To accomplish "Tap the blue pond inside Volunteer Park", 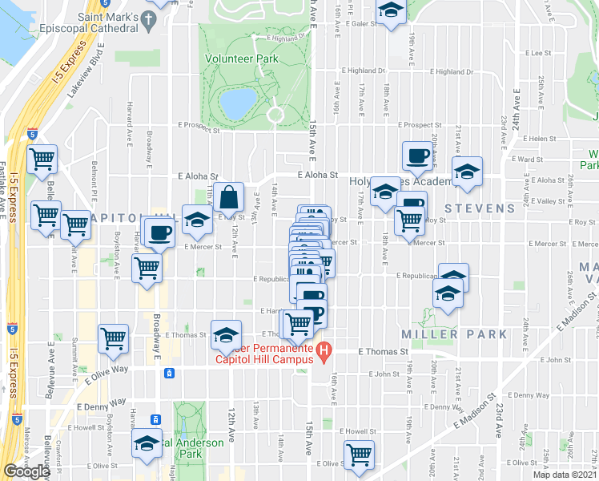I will click(238, 103).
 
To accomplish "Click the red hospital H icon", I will click(324, 351).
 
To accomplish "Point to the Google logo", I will click(27, 471).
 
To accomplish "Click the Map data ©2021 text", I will click(565, 475).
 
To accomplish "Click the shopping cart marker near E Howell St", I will click(360, 454).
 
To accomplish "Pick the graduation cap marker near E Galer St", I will click(391, 10).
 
